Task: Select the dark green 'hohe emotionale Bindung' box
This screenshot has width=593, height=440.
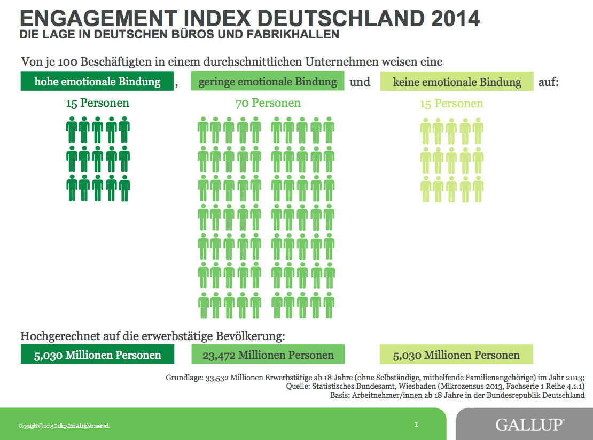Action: pyautogui.click(x=97, y=82)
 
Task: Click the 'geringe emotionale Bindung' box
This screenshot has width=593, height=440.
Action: pyautogui.click(x=268, y=82)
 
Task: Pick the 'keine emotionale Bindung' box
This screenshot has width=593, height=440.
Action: pyautogui.click(x=457, y=82)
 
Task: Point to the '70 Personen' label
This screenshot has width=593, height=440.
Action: pyautogui.click(x=268, y=103)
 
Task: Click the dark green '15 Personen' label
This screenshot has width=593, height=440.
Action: pyautogui.click(x=97, y=103)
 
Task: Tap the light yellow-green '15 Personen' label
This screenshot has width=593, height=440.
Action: pyautogui.click(x=451, y=104)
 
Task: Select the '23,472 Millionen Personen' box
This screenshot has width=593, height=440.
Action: pyautogui.click(x=268, y=355)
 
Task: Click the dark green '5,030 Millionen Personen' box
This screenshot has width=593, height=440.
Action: pyautogui.click(x=97, y=355)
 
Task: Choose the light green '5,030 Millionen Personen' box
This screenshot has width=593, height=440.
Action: pyautogui.click(x=456, y=355)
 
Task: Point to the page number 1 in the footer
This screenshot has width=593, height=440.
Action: pyautogui.click(x=416, y=425)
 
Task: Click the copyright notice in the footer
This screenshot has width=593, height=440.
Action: pyautogui.click(x=64, y=426)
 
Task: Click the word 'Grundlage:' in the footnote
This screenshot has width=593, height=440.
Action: pyautogui.click(x=183, y=377)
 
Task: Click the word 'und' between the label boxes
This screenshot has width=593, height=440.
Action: pyautogui.click(x=360, y=82)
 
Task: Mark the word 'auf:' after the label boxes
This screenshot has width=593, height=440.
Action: pyautogui.click(x=548, y=82)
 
